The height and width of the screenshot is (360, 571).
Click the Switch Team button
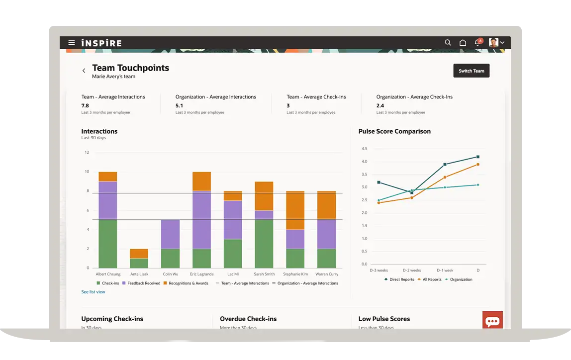[471, 71]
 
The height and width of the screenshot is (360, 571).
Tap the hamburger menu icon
[72, 43]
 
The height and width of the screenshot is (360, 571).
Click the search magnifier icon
[448, 43]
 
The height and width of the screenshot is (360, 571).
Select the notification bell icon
[477, 43]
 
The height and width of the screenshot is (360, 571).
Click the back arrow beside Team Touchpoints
[84, 71]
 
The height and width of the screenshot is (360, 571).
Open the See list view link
[93, 292]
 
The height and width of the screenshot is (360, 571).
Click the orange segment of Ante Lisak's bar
[139, 254]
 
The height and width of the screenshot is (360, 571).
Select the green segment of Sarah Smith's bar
[264, 244]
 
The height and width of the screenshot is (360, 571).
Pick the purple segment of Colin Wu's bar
[170, 234]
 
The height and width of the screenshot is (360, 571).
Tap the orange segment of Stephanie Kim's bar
[295, 210]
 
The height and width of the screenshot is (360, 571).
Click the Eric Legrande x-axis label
[201, 274]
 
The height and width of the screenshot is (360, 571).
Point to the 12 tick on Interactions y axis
[87, 152]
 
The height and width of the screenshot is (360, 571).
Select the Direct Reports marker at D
[478, 157]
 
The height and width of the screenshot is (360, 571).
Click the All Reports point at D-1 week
[445, 178]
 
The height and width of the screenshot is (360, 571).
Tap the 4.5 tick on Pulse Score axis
[364, 149]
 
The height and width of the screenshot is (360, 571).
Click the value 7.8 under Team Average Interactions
[85, 105]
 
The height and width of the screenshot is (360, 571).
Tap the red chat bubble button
[492, 321]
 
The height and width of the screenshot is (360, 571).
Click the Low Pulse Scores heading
[384, 319]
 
